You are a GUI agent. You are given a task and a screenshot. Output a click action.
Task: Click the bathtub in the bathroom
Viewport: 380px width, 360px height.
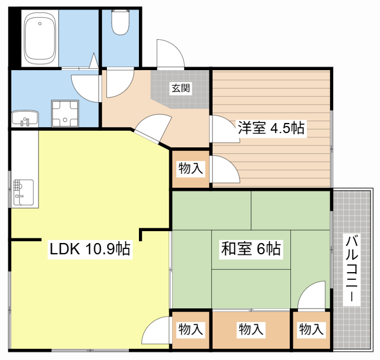40,39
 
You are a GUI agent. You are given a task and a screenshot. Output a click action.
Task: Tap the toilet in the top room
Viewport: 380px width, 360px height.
121,24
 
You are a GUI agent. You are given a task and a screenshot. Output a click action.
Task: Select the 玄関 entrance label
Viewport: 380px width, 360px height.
180,89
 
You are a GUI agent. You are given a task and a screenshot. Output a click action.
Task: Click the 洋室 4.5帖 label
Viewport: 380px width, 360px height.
271,128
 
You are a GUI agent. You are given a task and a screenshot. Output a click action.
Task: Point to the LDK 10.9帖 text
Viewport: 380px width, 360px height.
90,249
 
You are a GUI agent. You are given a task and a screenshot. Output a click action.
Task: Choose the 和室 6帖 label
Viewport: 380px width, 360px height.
251,249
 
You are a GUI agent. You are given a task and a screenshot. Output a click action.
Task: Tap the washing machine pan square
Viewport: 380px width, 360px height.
65,113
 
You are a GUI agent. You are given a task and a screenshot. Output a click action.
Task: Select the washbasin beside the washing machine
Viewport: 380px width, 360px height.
24,118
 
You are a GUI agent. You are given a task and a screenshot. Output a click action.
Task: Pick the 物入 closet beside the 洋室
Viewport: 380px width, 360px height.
191,169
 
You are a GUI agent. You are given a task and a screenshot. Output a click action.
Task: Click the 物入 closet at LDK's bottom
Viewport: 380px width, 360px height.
191,329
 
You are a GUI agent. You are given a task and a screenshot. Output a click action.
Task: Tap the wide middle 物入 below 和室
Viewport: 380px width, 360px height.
251,329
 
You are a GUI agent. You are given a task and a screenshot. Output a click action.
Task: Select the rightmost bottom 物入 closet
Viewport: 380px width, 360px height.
311,329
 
